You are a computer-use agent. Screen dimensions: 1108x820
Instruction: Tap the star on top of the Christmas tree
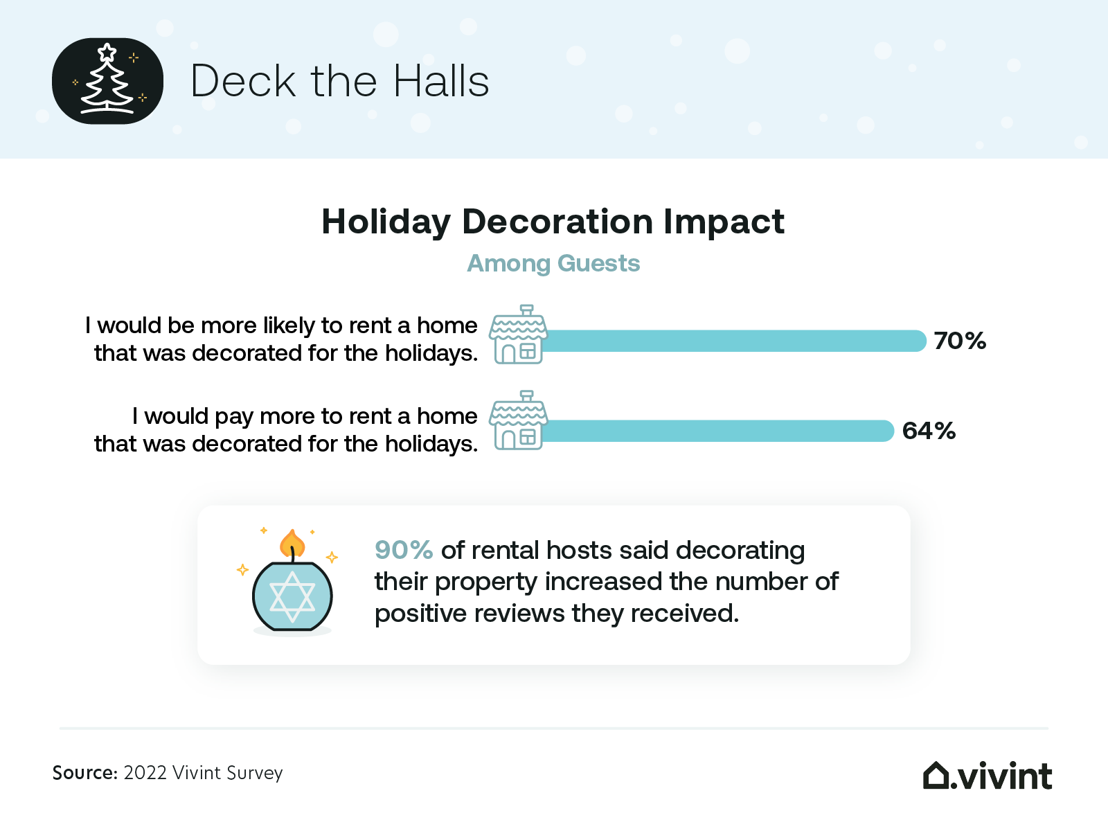click(107, 52)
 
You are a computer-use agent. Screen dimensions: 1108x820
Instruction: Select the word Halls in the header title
click(441, 81)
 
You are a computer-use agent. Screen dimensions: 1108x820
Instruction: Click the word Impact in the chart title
click(724, 222)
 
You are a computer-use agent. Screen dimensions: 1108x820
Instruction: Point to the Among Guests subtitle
click(553, 263)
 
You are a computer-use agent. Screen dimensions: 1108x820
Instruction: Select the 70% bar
click(734, 341)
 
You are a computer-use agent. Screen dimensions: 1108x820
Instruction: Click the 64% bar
click(718, 431)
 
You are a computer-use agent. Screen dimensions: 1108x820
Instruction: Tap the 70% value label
click(960, 341)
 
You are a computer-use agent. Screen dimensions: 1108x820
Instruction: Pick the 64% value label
click(929, 431)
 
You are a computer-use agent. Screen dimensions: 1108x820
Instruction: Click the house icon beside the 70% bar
click(518, 334)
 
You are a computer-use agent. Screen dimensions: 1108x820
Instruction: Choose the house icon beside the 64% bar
click(518, 420)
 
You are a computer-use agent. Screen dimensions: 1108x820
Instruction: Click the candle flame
click(292, 543)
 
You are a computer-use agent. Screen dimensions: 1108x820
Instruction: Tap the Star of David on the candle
click(292, 596)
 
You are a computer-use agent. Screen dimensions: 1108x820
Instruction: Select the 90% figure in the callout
click(404, 550)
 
